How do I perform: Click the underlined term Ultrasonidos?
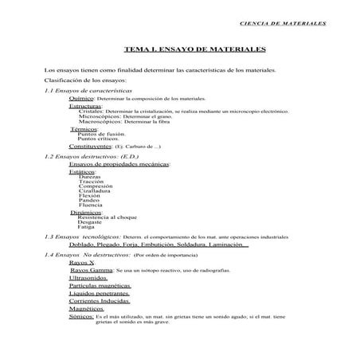pos(89,278)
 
